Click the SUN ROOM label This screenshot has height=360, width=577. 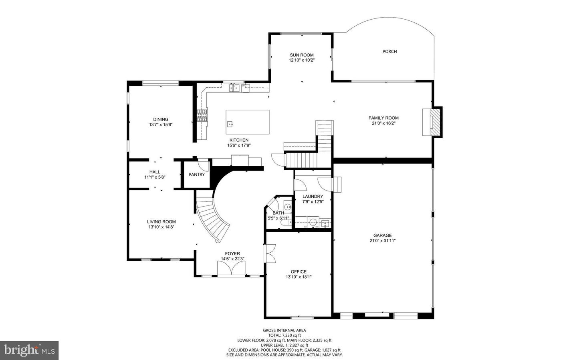[x=302, y=55]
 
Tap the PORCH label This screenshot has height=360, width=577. [x=389, y=51]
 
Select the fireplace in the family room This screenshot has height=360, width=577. [x=434, y=123]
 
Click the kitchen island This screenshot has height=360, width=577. [x=247, y=122]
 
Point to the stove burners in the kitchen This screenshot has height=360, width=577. [x=202, y=115]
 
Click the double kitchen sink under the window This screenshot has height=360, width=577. [x=234, y=88]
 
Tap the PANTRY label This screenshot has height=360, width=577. [x=197, y=175]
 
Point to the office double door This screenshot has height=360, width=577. [x=270, y=253]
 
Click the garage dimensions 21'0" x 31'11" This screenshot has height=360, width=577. [x=382, y=241]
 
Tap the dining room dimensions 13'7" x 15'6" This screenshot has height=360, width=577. [x=160, y=125]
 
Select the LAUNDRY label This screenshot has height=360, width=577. [x=313, y=196]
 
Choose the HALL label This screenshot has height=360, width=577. [x=155, y=172]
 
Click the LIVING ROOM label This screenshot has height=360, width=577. [x=161, y=221]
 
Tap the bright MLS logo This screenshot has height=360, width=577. [x=29, y=350]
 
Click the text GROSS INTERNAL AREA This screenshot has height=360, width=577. [x=284, y=330]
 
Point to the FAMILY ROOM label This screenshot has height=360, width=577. [x=383, y=118]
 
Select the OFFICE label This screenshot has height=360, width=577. [x=299, y=272]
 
